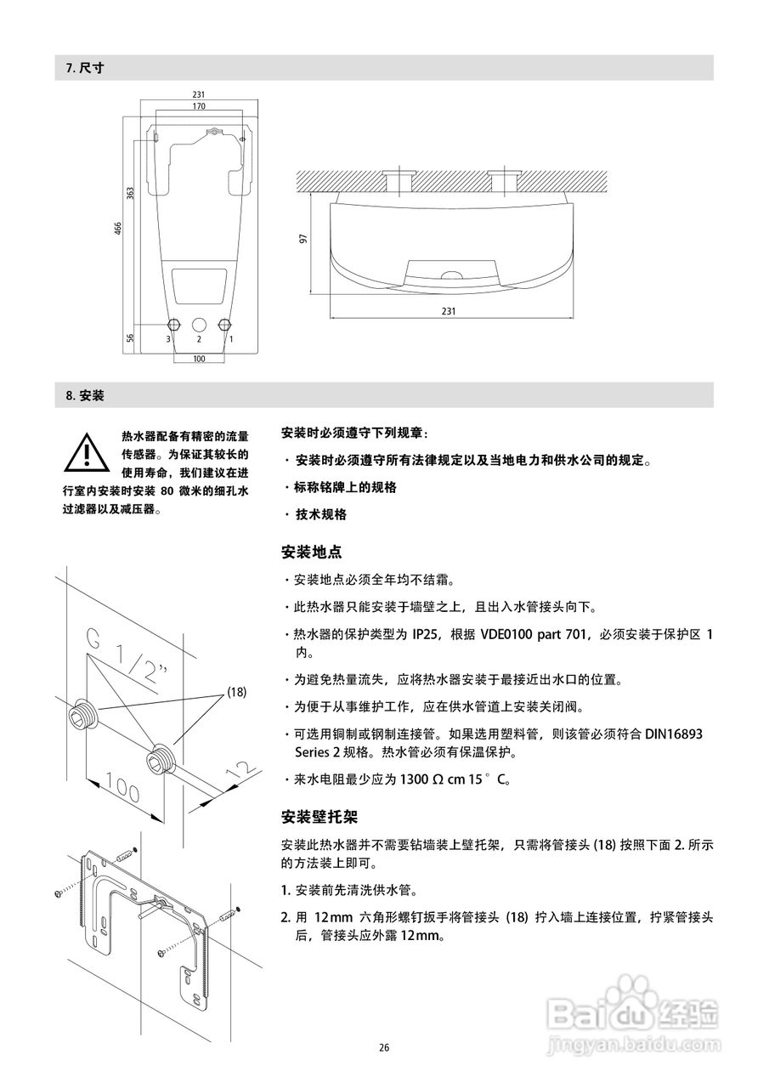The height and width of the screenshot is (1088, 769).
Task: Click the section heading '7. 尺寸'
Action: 85,68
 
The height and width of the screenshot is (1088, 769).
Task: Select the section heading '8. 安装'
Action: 85,395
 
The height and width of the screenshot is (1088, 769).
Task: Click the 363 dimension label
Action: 130,193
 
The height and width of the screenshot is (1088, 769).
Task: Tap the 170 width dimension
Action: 199,106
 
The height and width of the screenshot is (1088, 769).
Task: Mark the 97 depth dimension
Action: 303,240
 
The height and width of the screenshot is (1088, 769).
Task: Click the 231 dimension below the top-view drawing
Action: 449,311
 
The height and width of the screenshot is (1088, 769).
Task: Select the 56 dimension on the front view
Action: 131,337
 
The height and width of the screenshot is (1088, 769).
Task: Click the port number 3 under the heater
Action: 168,339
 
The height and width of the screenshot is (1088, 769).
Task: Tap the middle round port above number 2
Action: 199,325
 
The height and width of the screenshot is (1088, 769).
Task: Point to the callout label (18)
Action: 236,692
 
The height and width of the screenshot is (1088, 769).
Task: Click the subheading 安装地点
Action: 311,552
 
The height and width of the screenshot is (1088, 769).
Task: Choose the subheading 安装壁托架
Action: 319,817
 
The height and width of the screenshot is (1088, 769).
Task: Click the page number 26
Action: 384,1047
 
